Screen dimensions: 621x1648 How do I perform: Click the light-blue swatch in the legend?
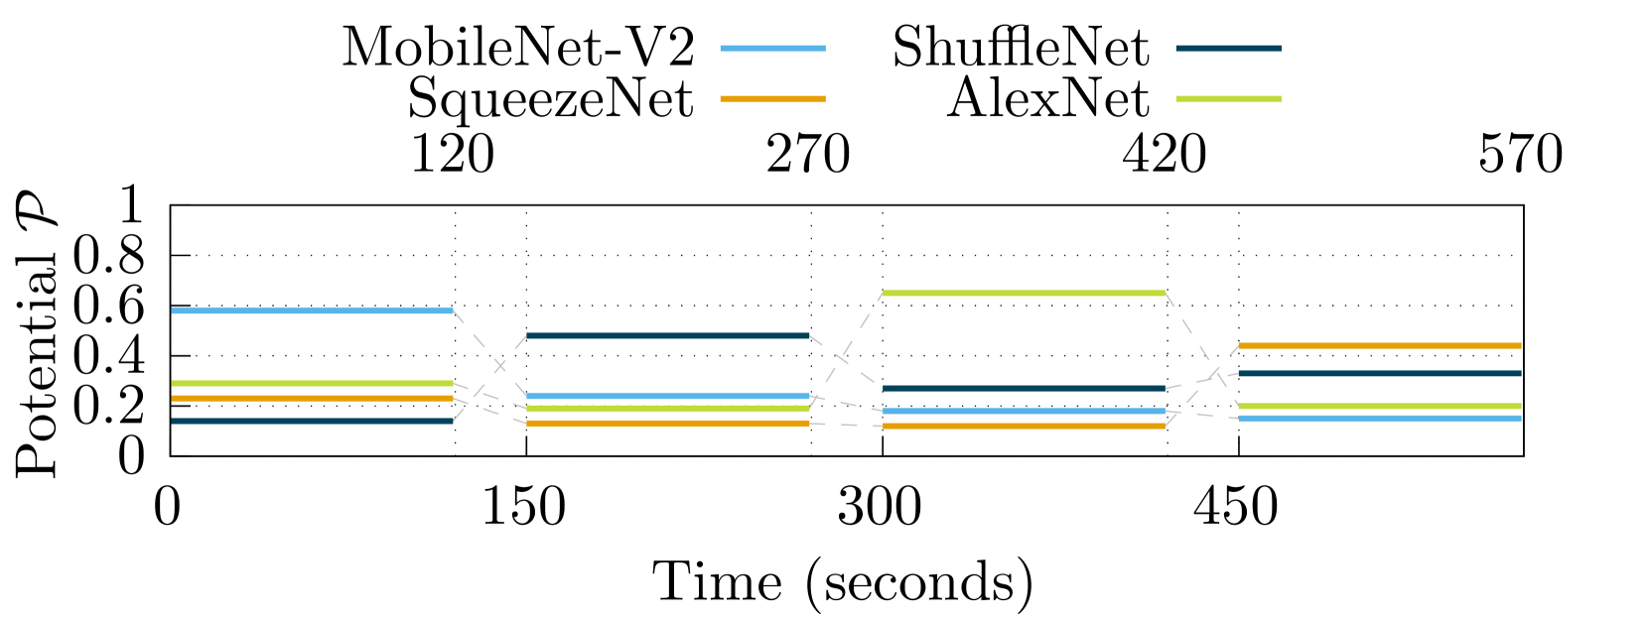tap(772, 49)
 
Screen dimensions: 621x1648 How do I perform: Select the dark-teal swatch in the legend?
tap(1228, 49)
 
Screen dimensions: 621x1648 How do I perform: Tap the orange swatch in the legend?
tap(772, 99)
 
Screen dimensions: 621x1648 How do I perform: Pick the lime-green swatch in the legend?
tap(1228, 99)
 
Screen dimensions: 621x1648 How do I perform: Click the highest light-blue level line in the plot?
tap(312, 310)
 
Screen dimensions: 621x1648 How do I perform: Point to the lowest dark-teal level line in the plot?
tap(312, 422)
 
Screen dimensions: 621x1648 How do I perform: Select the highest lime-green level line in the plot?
tap(1024, 294)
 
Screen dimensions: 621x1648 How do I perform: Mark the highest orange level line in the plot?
tap(1380, 346)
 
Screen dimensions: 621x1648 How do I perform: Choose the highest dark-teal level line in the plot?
tap(668, 336)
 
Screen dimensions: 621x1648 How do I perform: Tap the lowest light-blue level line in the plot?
tap(1380, 419)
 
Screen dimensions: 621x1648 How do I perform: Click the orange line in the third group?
tap(1024, 427)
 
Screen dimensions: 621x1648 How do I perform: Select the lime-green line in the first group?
tap(312, 383)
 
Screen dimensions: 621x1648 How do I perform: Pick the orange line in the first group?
tap(312, 399)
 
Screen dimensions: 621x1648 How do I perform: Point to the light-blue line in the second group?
tap(668, 396)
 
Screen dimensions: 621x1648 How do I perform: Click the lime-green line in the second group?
tap(668, 408)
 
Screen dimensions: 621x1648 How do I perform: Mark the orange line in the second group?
tap(668, 424)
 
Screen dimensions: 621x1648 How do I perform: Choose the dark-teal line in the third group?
tap(1024, 389)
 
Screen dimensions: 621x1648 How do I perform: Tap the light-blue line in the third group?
tap(1024, 412)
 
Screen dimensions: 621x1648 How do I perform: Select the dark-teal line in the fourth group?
tap(1380, 374)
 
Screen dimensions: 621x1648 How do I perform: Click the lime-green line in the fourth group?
tap(1380, 407)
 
